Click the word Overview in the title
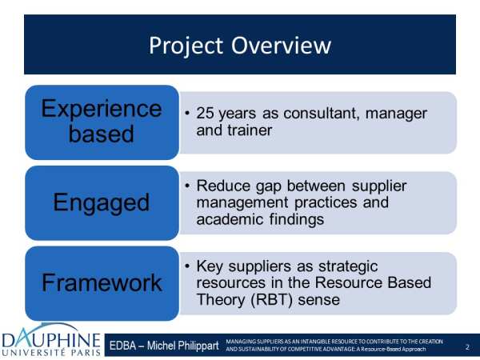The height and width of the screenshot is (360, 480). (281, 46)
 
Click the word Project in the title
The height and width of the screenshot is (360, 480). (186, 46)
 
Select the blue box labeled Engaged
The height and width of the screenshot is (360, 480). (102, 202)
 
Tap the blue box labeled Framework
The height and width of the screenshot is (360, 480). (102, 283)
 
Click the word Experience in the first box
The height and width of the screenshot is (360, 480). (102, 109)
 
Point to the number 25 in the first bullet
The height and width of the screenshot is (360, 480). (205, 114)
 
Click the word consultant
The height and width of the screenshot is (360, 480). (321, 114)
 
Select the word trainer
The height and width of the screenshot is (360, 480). (250, 130)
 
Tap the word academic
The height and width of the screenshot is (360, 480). (230, 219)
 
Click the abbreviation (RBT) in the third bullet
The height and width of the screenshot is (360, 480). (271, 299)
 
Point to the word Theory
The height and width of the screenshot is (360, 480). (221, 300)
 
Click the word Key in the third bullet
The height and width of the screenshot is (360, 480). (210, 266)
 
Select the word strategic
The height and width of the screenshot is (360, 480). (348, 266)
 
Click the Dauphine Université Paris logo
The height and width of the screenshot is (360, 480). (51, 340)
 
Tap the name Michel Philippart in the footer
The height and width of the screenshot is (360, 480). (182, 346)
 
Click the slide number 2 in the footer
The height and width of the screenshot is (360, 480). (467, 347)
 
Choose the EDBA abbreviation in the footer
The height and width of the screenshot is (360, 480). (122, 346)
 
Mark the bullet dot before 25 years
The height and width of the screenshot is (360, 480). (187, 113)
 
